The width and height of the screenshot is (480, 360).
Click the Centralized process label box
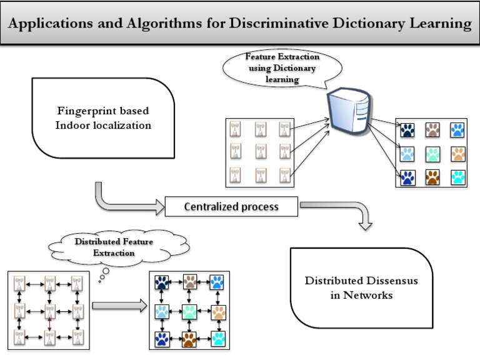tap(231, 207)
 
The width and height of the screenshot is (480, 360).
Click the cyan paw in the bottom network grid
tap(218, 339)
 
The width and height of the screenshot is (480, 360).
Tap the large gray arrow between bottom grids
tap(119, 306)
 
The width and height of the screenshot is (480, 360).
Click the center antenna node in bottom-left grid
tap(50, 311)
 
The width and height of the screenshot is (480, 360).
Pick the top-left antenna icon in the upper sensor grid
tap(236, 128)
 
